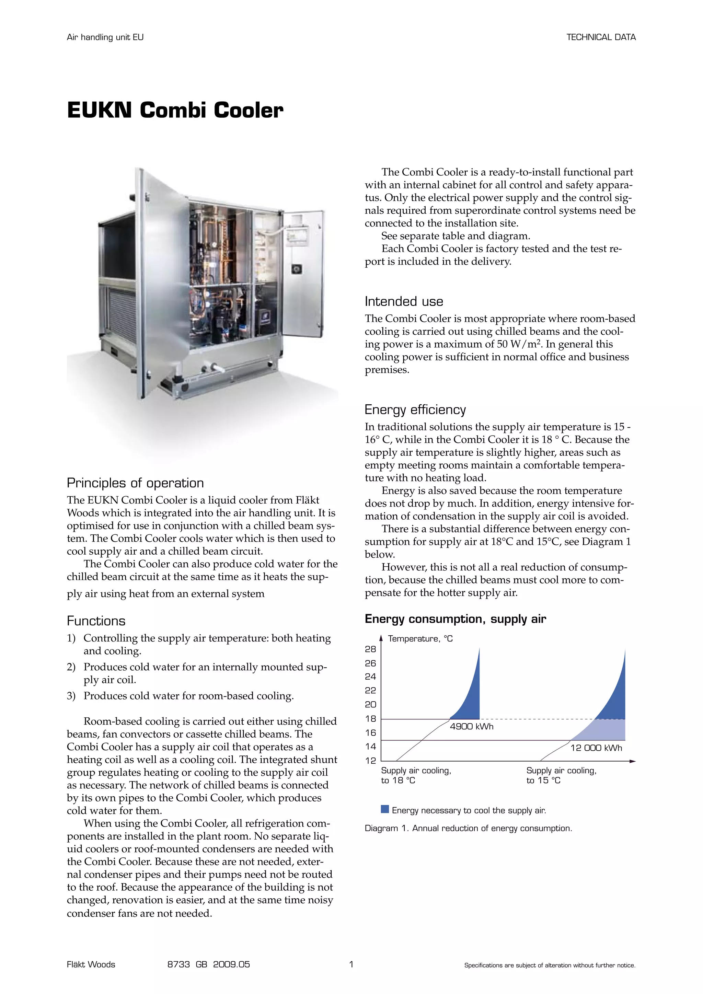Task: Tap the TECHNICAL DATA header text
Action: coord(601,37)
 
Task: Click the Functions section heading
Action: coord(96,621)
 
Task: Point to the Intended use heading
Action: coord(403,301)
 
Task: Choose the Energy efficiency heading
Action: coord(415,409)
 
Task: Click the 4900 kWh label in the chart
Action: coord(471,727)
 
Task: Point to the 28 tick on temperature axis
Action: coord(370,649)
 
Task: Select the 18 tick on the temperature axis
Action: coord(370,719)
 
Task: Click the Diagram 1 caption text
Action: coord(468,828)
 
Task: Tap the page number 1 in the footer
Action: coord(351,964)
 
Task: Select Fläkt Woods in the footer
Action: coord(91,964)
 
